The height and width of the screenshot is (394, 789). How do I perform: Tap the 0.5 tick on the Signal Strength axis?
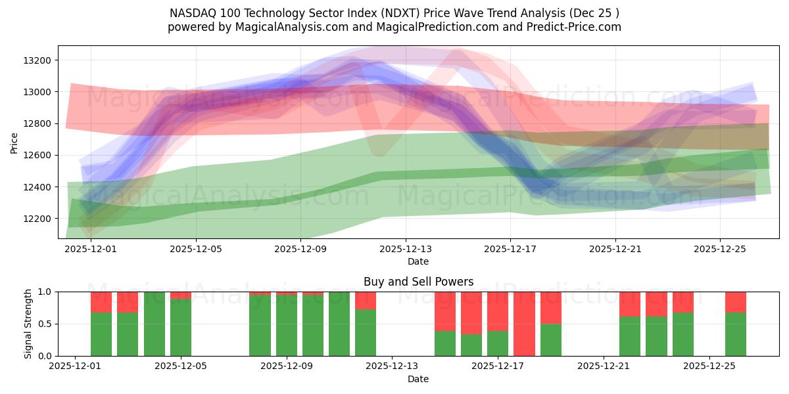45,324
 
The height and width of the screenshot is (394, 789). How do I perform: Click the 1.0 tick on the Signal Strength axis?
45,292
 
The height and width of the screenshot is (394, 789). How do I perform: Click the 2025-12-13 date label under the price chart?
405,249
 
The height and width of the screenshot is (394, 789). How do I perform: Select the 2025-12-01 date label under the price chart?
90,249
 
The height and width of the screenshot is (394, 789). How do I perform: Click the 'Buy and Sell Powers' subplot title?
418,282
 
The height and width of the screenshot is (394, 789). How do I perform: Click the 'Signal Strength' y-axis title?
28,324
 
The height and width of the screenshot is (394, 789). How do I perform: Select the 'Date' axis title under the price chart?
418,261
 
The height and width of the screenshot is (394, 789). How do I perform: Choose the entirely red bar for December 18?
524,324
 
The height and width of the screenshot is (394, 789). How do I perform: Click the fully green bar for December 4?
155,324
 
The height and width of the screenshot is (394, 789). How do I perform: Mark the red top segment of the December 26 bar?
736,301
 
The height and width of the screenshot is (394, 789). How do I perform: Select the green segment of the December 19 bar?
551,339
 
